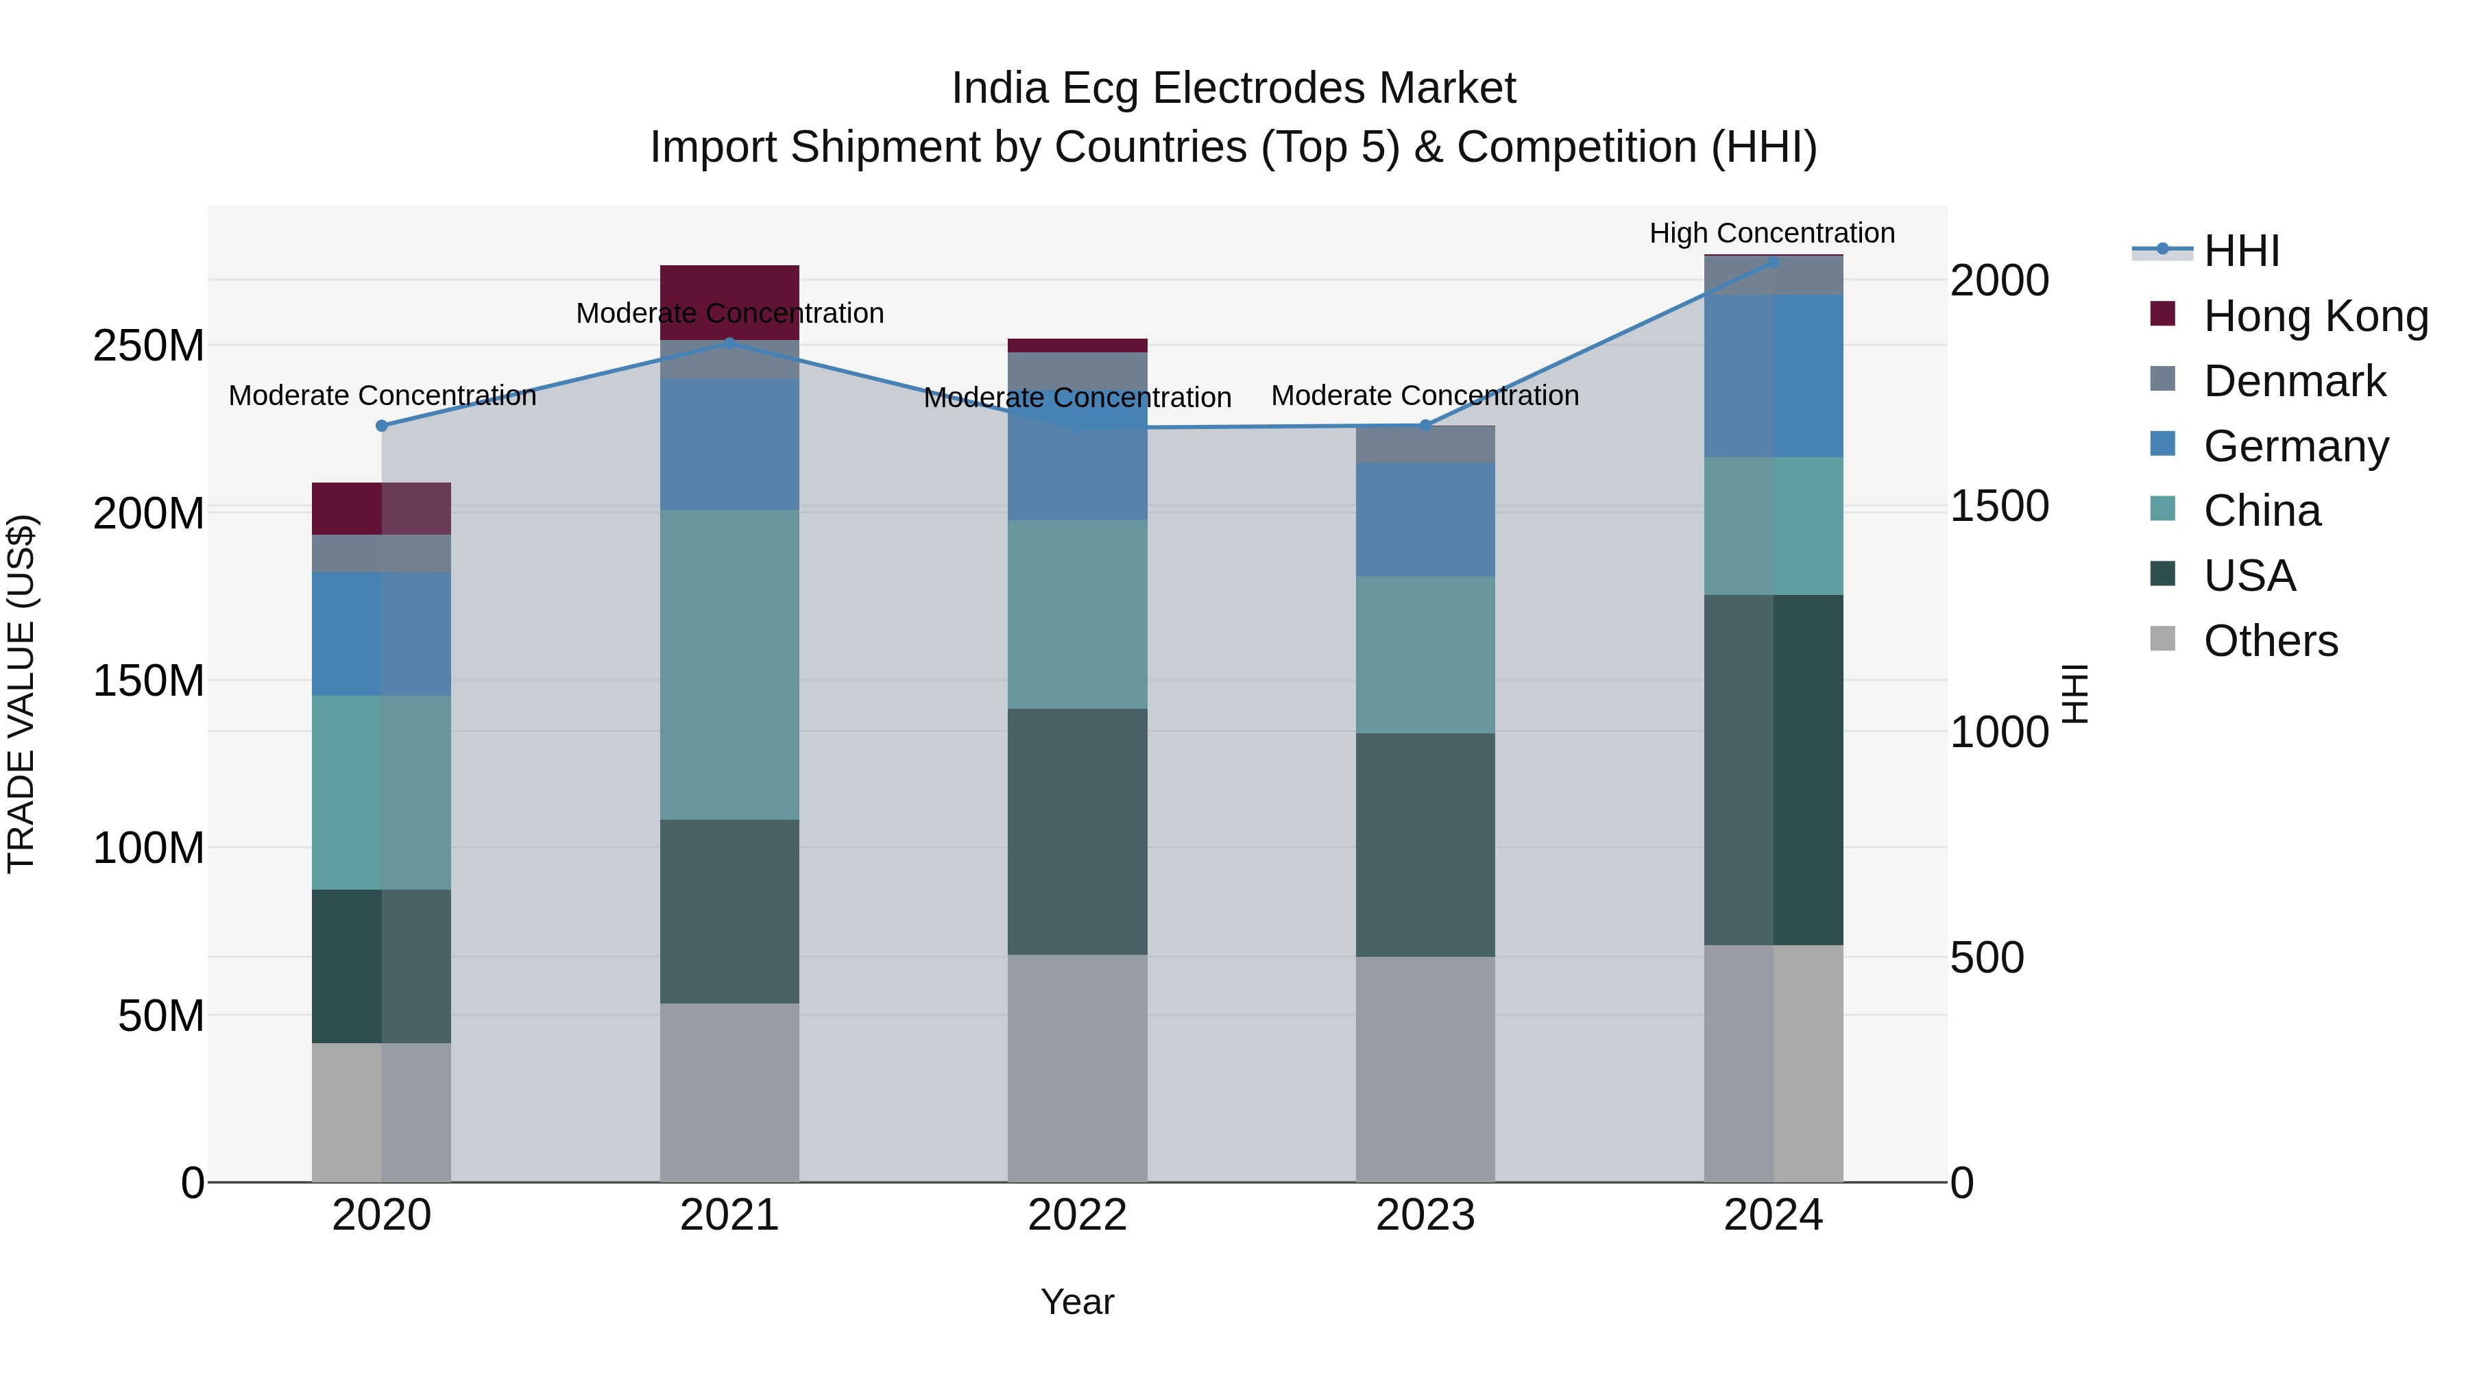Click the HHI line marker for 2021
click(729, 343)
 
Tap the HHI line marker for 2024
click(1772, 262)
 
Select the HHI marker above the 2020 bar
click(381, 425)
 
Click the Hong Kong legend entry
click(2314, 316)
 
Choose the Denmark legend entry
click(2294, 381)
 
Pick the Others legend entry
click(2270, 641)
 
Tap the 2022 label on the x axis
click(1077, 1215)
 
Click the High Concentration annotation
click(1771, 233)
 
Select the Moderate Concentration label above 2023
click(1425, 395)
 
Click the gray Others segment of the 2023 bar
click(1425, 1068)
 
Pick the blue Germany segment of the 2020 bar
click(381, 633)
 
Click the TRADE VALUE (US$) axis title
click(21, 694)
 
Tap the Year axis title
click(1077, 1302)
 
